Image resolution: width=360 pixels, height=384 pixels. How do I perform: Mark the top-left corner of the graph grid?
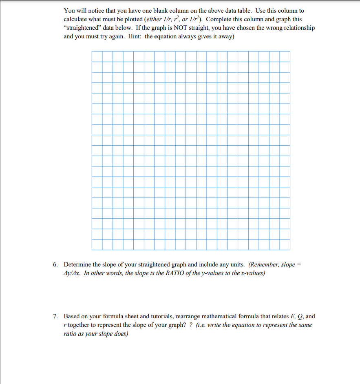point(92,51)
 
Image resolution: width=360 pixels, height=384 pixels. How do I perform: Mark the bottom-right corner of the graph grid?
point(290,250)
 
